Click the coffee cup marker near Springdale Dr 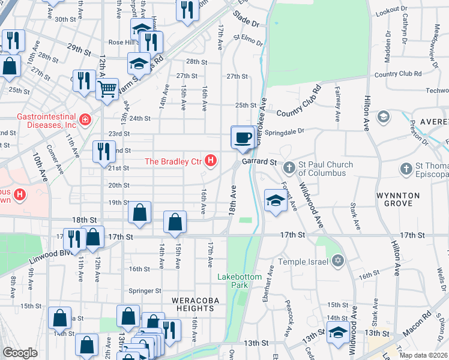pos(243,137)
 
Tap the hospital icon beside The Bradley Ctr pos(210,161)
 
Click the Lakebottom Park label pos(233,281)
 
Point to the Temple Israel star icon pos(338,261)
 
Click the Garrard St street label pos(259,162)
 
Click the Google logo pos(20,353)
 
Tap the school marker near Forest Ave pos(274,200)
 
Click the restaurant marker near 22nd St pos(104,152)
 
